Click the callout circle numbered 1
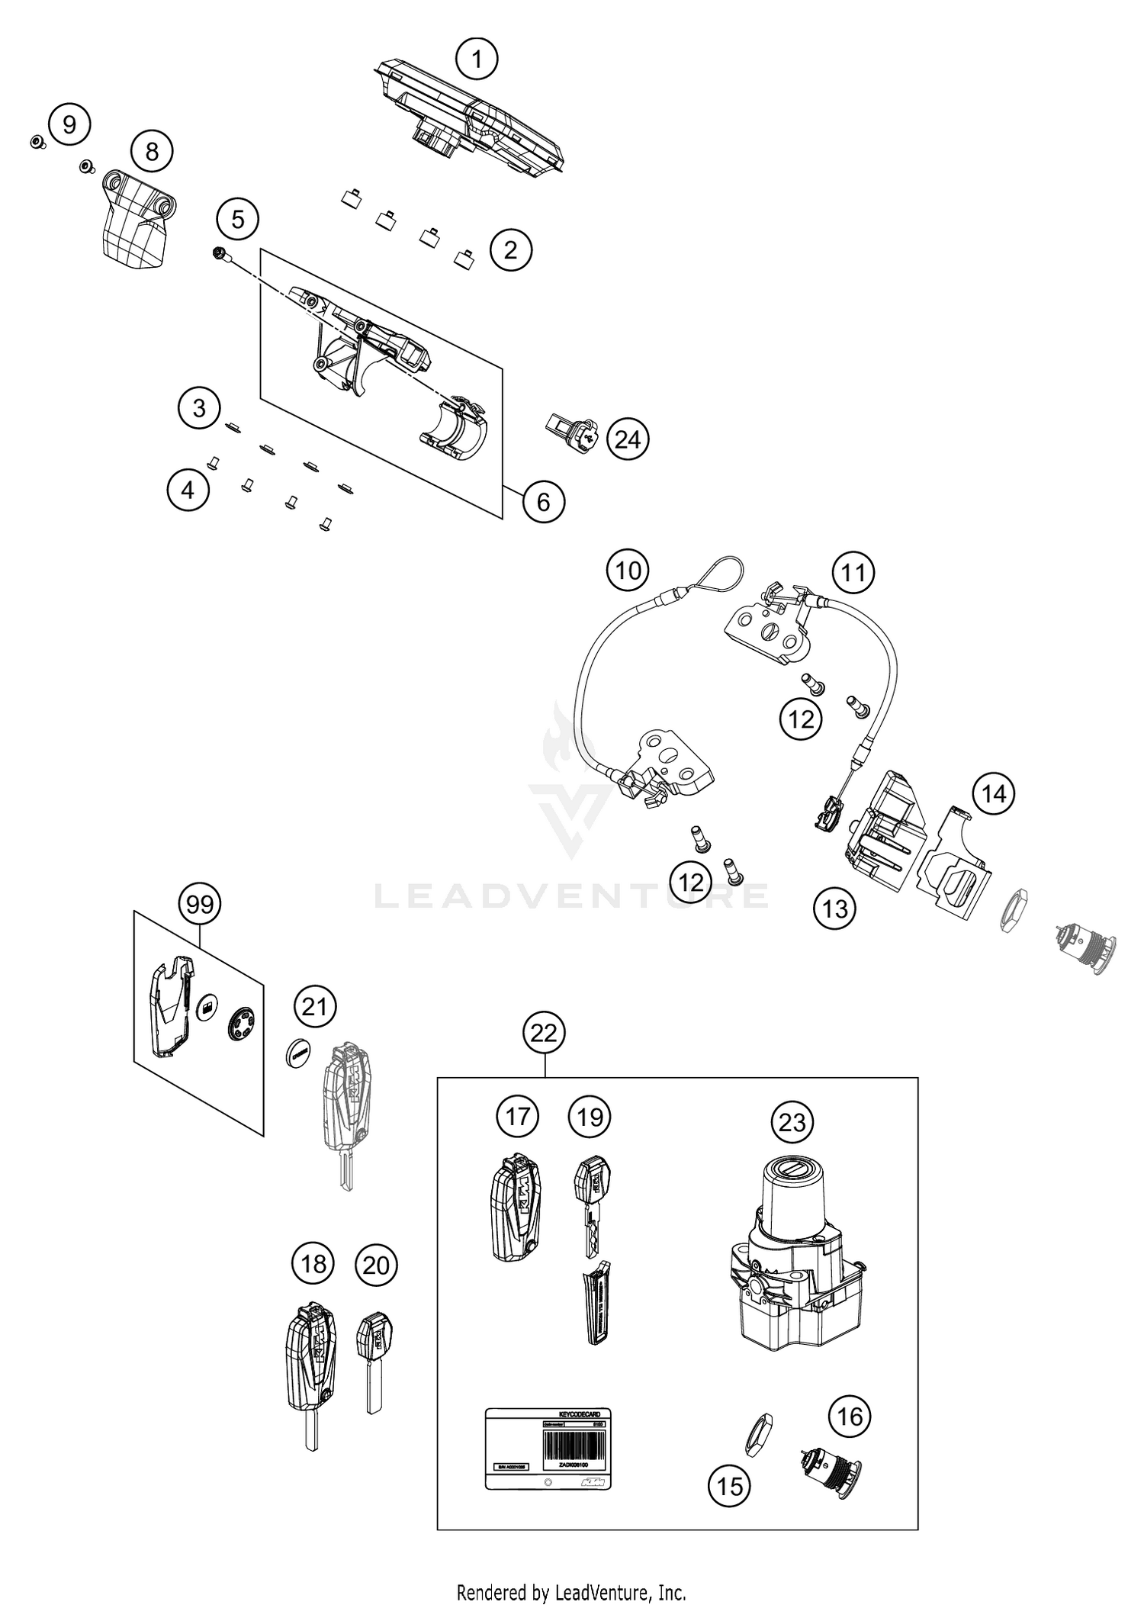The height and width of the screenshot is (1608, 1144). (477, 59)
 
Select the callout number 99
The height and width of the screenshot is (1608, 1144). (199, 904)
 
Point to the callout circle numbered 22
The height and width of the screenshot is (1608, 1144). (543, 1033)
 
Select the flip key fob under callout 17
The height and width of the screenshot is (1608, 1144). (515, 1218)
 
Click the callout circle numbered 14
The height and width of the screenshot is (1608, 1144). (994, 793)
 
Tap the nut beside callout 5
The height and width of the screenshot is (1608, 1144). (218, 253)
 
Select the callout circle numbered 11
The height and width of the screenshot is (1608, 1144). (853, 571)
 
